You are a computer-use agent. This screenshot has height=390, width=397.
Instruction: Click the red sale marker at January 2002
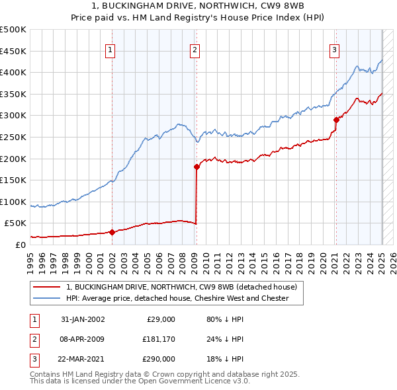click(x=112, y=232)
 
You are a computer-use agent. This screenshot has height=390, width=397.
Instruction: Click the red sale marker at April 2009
click(x=197, y=167)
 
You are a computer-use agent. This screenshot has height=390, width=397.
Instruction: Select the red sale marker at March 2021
click(x=336, y=120)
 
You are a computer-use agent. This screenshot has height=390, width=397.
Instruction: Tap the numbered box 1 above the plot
click(x=110, y=49)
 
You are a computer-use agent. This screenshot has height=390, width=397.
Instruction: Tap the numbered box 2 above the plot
click(x=195, y=49)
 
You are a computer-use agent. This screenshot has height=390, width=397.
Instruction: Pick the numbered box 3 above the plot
click(x=335, y=49)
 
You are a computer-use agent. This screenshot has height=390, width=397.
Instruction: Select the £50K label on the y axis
click(x=16, y=223)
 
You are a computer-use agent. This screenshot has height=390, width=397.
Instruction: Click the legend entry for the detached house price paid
click(x=185, y=287)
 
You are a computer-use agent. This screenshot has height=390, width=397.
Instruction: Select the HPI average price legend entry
click(x=177, y=298)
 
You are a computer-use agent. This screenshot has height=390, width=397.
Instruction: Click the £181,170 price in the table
click(x=158, y=339)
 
